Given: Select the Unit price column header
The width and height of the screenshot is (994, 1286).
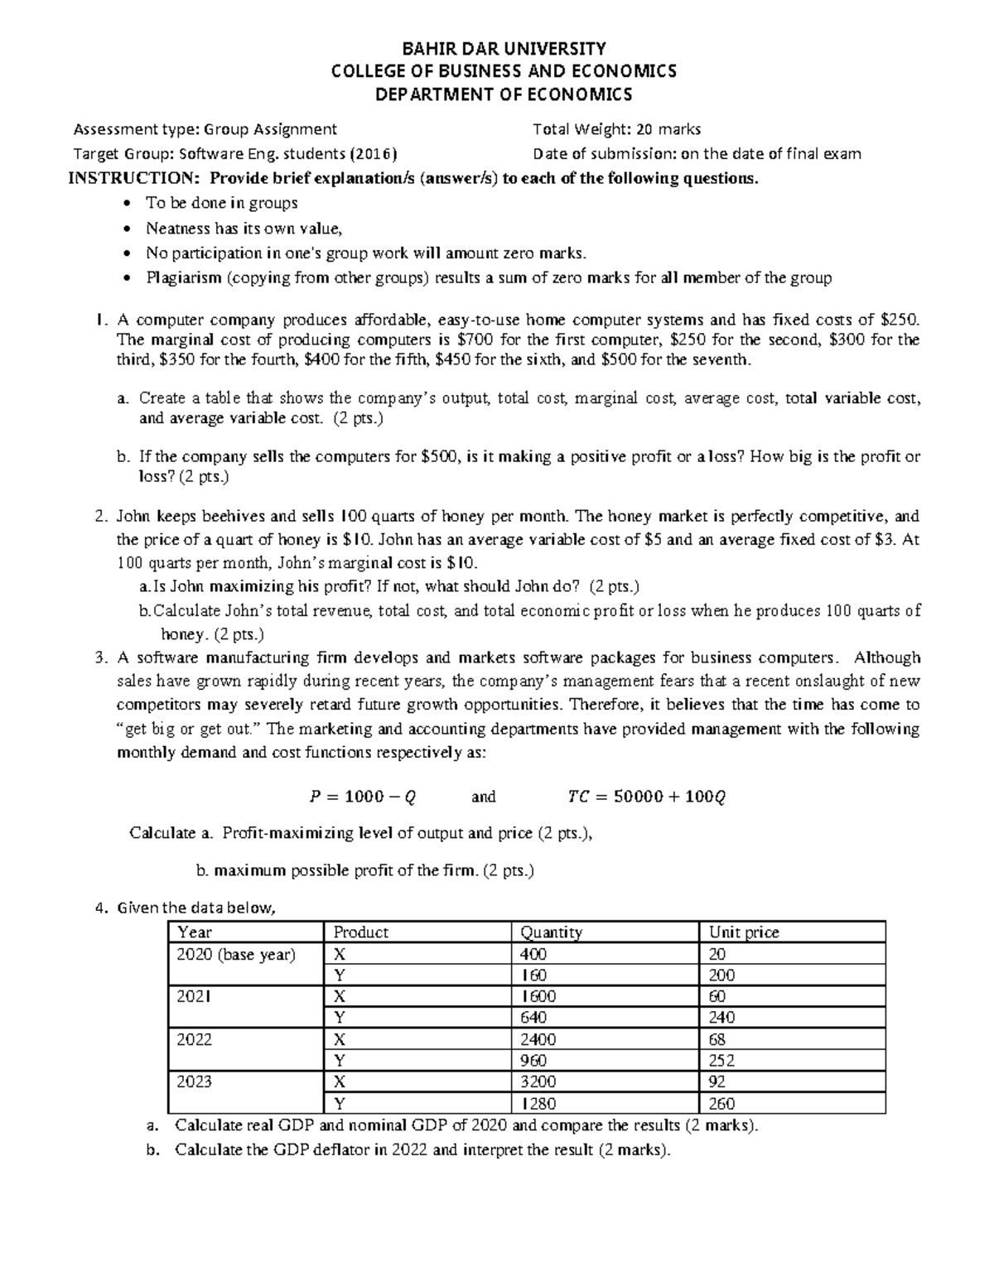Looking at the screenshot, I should click(x=744, y=932).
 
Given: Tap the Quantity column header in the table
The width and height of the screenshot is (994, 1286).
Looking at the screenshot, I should click(x=551, y=932).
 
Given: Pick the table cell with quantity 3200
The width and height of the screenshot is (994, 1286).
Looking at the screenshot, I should click(x=538, y=1081).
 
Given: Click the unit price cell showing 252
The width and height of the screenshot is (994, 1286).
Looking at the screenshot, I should click(x=721, y=1061).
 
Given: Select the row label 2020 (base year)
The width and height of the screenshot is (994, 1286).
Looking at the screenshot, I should click(x=236, y=954).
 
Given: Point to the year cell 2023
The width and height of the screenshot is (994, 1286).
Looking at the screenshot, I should click(x=194, y=1081).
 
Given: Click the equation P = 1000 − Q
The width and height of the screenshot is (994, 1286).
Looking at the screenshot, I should click(x=362, y=797).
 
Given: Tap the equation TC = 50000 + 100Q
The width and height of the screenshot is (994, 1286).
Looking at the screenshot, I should click(x=646, y=797).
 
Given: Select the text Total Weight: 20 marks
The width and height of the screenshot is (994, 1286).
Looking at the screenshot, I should click(x=617, y=129).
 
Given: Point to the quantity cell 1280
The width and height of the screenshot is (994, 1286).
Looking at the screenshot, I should click(x=538, y=1103).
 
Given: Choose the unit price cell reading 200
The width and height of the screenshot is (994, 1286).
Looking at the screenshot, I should click(x=721, y=975).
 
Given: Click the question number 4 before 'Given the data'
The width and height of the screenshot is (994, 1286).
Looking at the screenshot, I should click(x=100, y=908).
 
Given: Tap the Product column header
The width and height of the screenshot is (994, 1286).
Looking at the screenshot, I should click(x=360, y=932).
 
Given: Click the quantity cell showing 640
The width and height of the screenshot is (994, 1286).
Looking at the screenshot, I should click(x=533, y=1018).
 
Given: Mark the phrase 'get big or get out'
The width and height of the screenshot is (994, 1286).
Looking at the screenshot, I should click(x=189, y=730).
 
